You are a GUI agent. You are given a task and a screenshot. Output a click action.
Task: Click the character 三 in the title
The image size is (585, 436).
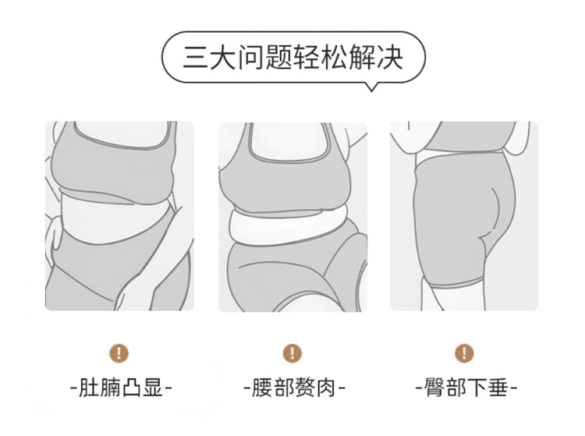196,57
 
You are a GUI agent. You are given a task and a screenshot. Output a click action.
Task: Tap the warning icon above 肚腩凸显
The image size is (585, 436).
119,353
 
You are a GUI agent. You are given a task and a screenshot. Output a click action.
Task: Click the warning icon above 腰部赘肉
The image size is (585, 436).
292,353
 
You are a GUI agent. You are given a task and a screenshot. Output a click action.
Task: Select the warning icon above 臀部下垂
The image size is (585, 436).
464,353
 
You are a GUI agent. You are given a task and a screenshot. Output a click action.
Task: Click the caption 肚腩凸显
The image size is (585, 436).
122,388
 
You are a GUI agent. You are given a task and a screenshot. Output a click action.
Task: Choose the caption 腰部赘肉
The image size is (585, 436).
294,388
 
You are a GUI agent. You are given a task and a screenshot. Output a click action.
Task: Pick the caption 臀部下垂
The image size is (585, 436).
466,388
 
